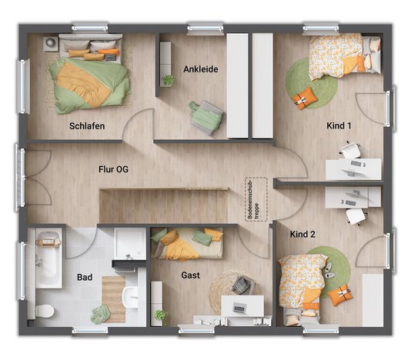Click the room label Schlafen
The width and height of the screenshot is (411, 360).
86,125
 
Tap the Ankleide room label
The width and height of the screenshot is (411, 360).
201,69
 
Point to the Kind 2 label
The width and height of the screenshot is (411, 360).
302,234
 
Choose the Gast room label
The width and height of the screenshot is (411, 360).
192,275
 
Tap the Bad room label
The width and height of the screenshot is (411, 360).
85,278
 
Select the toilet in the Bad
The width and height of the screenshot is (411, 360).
45,310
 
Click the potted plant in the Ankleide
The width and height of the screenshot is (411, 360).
168,79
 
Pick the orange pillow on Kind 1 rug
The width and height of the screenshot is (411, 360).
306,98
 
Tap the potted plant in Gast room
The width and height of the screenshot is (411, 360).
161,315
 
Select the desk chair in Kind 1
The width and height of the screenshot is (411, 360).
350,151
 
